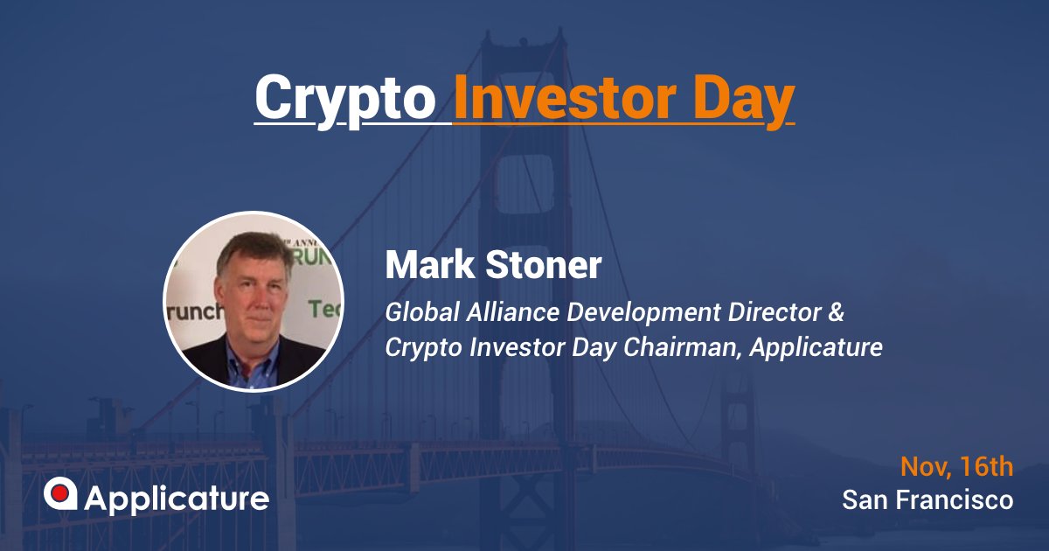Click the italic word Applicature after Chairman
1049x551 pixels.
[x=816, y=347]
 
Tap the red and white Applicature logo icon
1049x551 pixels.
[x=60, y=495]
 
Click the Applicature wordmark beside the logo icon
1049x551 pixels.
[x=177, y=499]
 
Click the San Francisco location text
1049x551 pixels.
[x=927, y=499]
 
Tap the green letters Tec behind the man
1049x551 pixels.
[x=325, y=308]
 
